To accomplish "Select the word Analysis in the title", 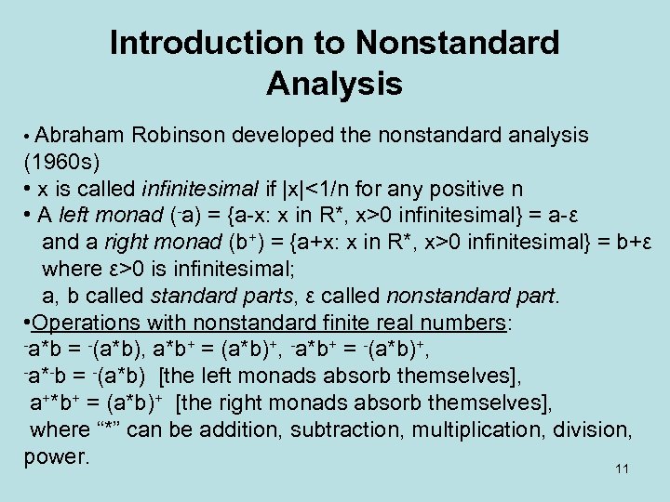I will tap(334, 84).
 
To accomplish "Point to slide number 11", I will tap(623, 469).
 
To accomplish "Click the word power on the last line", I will tap(55, 457).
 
